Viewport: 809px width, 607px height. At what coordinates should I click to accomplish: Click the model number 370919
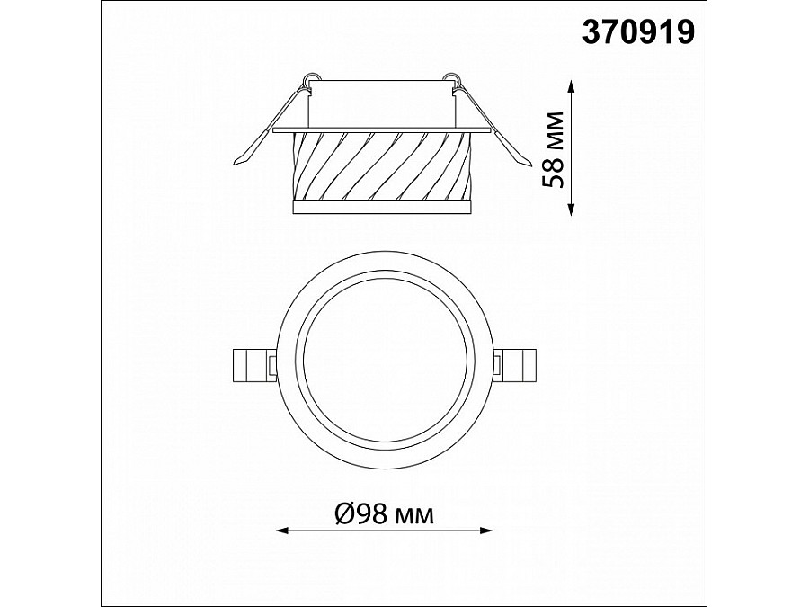tap(639, 32)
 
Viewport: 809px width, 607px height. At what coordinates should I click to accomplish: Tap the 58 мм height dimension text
tap(553, 149)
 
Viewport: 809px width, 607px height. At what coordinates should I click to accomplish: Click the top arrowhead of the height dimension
tap(571, 86)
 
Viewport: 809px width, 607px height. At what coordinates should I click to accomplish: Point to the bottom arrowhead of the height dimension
tap(571, 209)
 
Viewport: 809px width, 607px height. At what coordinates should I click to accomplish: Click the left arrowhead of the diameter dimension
tap(283, 530)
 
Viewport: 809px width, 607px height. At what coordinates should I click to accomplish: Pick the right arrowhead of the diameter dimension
tap(486, 530)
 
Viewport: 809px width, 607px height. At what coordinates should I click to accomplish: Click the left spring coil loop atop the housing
tap(309, 79)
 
